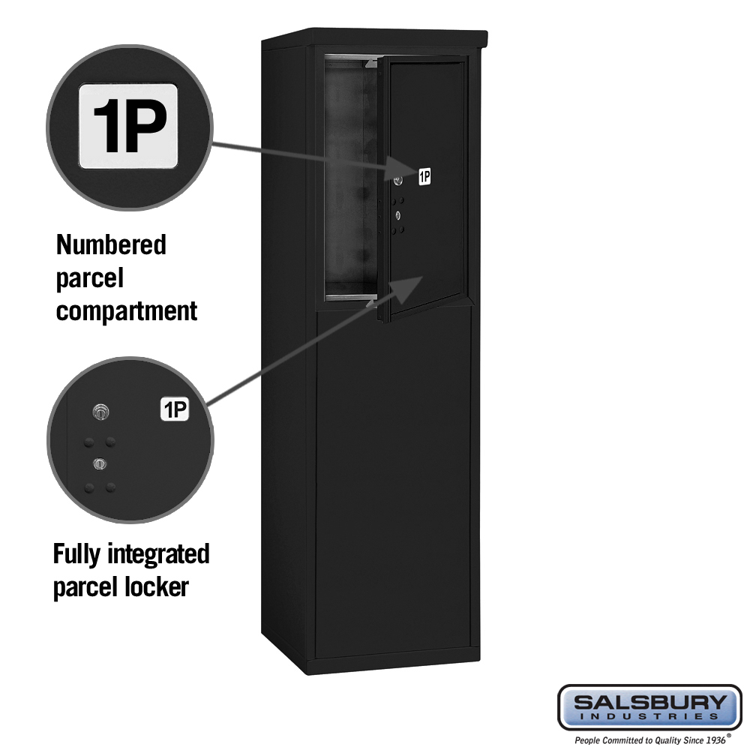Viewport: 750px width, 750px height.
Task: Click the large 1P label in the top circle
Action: (x=128, y=126)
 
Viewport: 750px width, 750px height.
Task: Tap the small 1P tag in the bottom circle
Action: (x=175, y=409)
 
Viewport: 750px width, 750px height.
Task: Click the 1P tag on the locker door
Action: (x=424, y=176)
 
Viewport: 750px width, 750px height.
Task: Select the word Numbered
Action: (x=111, y=245)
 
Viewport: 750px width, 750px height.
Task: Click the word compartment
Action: (x=126, y=311)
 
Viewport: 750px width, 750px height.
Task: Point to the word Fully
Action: (x=76, y=555)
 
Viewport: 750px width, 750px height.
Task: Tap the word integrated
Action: (x=158, y=555)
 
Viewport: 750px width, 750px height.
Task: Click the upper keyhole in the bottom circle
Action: (x=100, y=412)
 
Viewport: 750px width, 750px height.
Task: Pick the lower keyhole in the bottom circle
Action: (x=100, y=463)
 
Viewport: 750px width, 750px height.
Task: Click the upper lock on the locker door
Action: (x=397, y=181)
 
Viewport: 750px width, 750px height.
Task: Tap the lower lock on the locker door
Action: (x=397, y=216)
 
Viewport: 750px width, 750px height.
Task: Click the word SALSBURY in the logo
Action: (x=649, y=702)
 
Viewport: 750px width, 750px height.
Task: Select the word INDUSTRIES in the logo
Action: (x=649, y=716)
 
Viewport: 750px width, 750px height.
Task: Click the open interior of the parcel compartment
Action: (x=349, y=177)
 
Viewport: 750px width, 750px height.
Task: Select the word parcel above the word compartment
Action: (x=90, y=279)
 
